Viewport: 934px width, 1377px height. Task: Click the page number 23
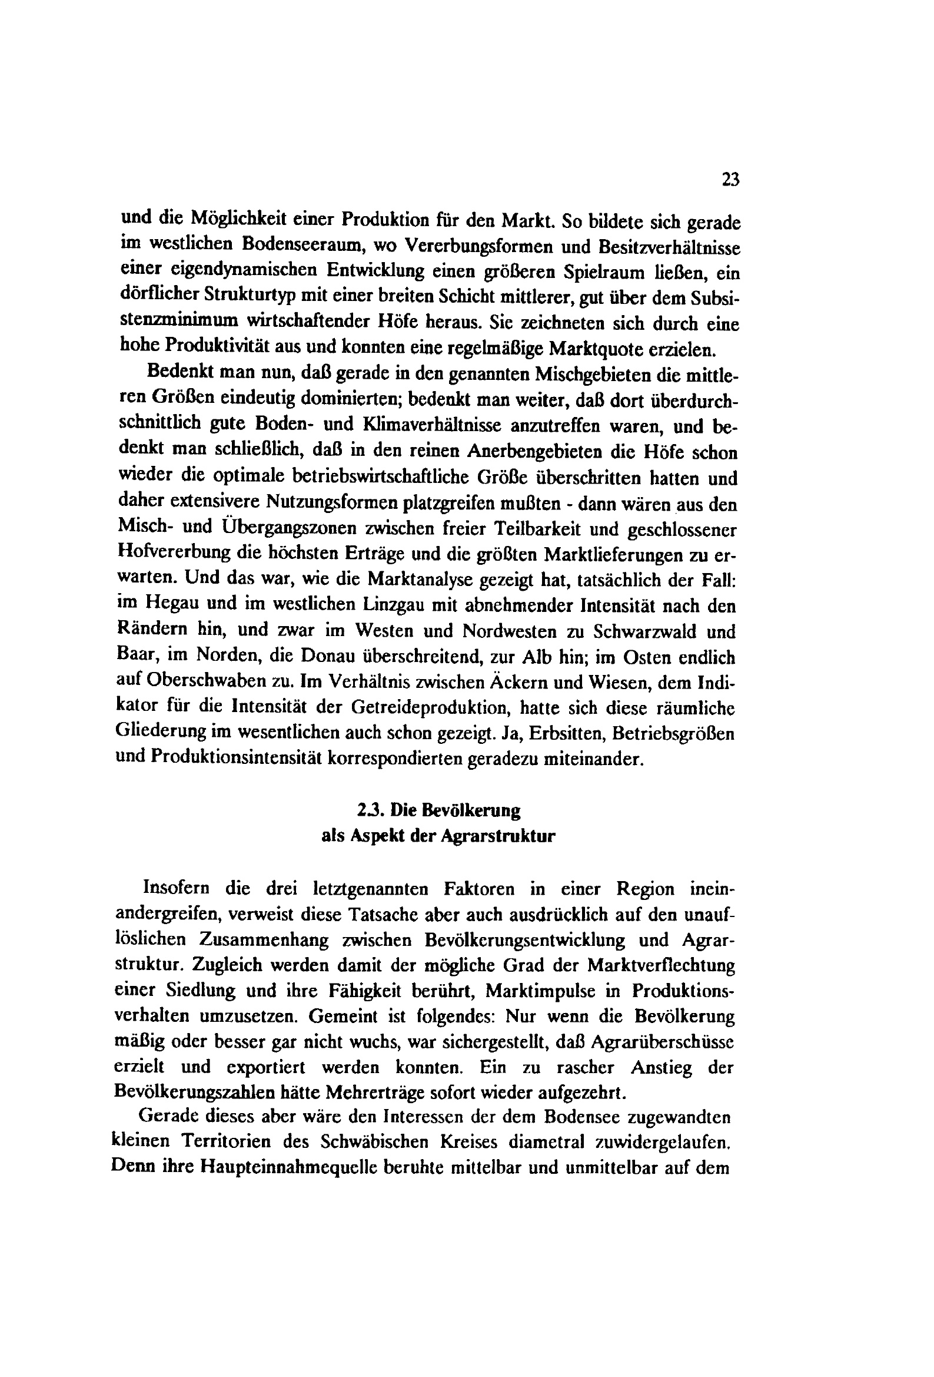pos(731,179)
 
